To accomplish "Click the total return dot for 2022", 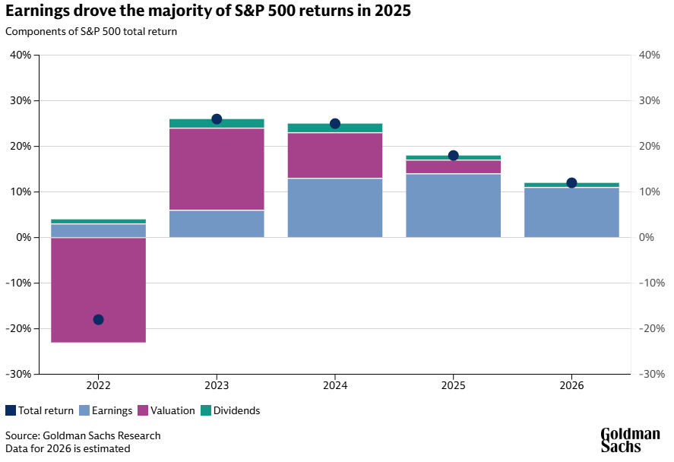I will click(x=98, y=319).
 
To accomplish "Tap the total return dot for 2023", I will click(x=217, y=119).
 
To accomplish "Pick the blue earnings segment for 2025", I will click(x=453, y=206).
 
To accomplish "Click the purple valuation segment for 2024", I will click(x=335, y=156).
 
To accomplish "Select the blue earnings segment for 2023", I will click(x=217, y=224).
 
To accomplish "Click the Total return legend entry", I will click(x=40, y=410).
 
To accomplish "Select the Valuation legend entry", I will click(x=166, y=410).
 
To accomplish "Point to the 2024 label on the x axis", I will click(x=335, y=385).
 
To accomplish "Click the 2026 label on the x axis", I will click(x=571, y=385).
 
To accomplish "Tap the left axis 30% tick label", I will click(x=20, y=100).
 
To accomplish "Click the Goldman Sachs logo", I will click(x=630, y=440).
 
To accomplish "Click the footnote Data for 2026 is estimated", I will click(x=68, y=448).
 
